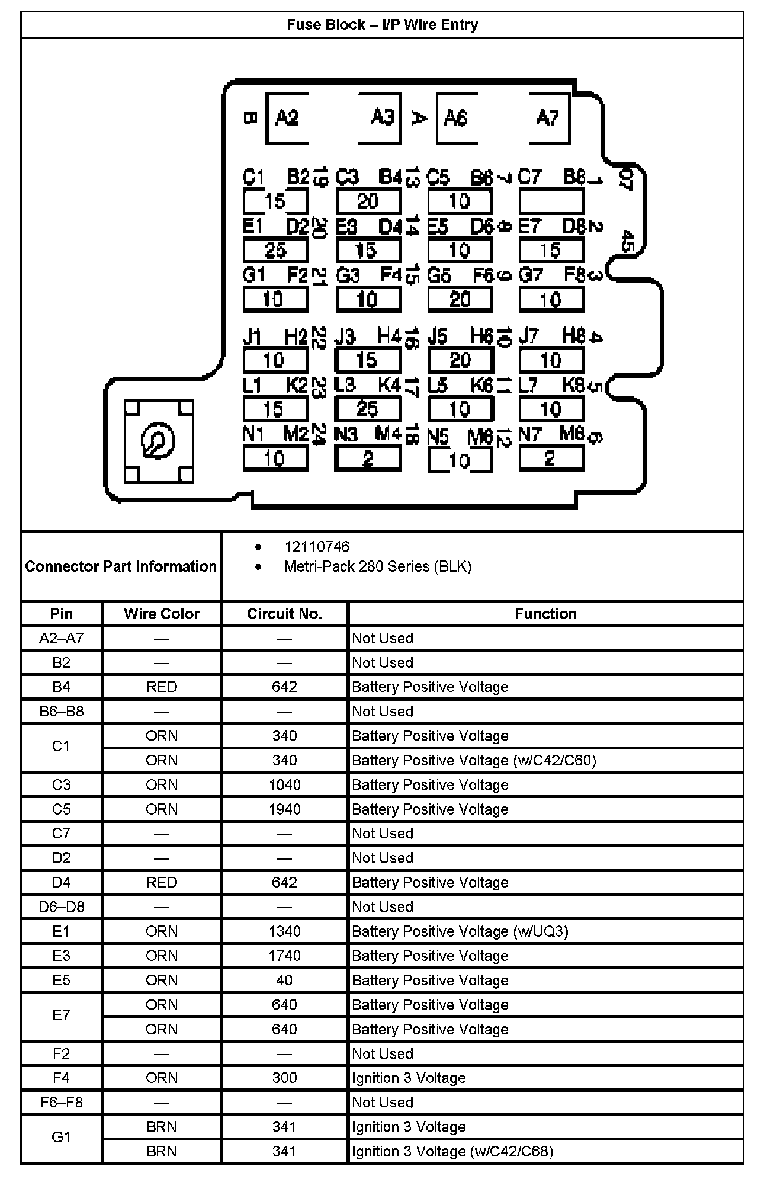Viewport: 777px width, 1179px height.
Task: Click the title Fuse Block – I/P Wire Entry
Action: pyautogui.click(x=382, y=25)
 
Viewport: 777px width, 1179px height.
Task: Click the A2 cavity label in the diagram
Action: pyautogui.click(x=287, y=118)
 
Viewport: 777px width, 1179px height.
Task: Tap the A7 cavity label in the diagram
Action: pyautogui.click(x=547, y=118)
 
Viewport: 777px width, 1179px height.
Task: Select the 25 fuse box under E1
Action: pyautogui.click(x=275, y=250)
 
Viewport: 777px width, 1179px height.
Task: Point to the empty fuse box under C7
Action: pyautogui.click(x=551, y=201)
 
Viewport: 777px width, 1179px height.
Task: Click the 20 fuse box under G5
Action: pyautogui.click(x=460, y=299)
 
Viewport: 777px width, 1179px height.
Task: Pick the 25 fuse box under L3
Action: pyautogui.click(x=367, y=409)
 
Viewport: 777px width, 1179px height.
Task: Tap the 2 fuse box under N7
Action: pyautogui.click(x=551, y=459)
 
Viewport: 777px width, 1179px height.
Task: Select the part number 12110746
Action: pyautogui.click(x=317, y=547)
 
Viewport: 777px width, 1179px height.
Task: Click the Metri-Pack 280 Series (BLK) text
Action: pyautogui.click(x=378, y=567)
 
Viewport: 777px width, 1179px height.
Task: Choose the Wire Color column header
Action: pyautogui.click(x=162, y=614)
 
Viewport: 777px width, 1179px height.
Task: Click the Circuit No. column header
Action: pyautogui.click(x=284, y=614)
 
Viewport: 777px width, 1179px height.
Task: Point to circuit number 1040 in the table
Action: pyautogui.click(x=284, y=785)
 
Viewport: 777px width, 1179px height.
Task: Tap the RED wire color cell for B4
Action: pyautogui.click(x=162, y=687)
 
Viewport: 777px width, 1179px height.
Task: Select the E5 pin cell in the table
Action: pyautogui.click(x=62, y=981)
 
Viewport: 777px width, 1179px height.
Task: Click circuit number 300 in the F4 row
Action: pyautogui.click(x=284, y=1078)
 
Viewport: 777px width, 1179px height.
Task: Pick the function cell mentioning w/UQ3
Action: pyautogui.click(x=460, y=932)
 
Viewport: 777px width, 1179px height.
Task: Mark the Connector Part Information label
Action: pyautogui.click(x=121, y=567)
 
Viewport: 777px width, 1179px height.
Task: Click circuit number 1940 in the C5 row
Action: pyautogui.click(x=284, y=809)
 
